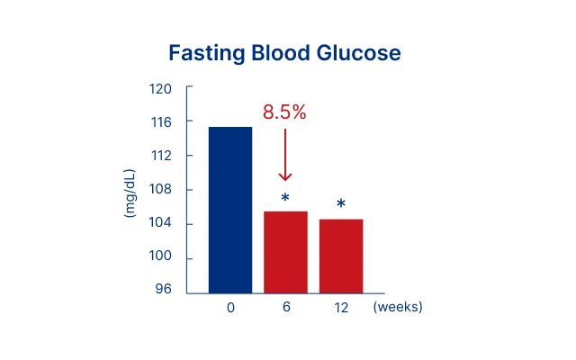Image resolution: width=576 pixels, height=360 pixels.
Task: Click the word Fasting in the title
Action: coord(207,54)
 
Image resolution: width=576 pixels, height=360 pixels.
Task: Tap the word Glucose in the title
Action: coord(359,53)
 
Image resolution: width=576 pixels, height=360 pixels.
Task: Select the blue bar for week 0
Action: coord(230,210)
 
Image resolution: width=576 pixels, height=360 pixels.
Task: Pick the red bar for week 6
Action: coord(286,252)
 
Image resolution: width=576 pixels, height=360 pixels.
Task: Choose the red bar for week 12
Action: coord(341,256)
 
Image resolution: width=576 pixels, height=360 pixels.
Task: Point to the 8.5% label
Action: coord(284,112)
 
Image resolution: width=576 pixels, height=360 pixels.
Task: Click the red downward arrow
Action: coord(285,155)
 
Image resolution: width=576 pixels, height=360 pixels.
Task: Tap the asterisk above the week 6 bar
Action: coord(285,198)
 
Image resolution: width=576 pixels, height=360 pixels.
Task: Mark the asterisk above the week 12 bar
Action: coord(341,203)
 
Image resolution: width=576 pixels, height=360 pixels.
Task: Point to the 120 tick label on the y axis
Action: coord(160,89)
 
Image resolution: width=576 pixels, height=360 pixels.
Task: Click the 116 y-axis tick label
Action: coord(161,122)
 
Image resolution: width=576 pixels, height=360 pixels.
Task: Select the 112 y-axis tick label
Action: coord(161,156)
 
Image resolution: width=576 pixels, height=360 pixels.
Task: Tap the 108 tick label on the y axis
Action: coord(160,189)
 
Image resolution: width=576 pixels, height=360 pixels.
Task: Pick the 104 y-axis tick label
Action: coord(160,222)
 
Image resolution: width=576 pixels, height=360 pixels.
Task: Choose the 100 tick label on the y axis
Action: coord(160,256)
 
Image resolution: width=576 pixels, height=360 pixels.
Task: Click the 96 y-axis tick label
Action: coord(163,289)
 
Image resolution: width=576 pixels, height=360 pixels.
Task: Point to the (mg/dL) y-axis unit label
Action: coord(130,193)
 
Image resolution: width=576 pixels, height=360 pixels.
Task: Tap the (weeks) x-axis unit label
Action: coord(398,306)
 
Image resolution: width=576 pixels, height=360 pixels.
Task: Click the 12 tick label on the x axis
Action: coord(341,308)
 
